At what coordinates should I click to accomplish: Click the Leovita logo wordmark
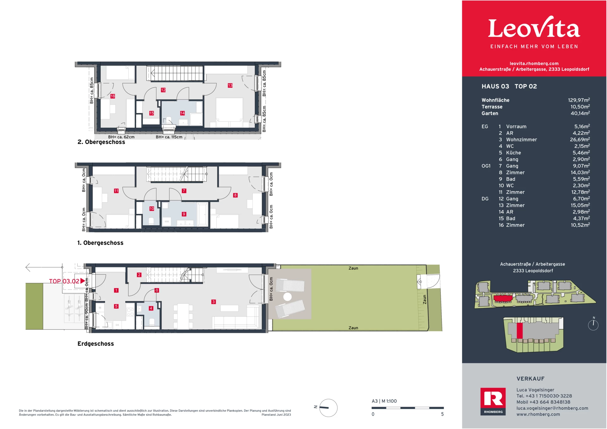(534, 28)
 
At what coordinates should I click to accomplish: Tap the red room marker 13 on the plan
(230, 85)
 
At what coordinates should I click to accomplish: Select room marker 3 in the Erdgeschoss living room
(213, 302)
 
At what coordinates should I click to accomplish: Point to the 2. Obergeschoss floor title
(101, 142)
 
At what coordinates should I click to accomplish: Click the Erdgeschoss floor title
(95, 344)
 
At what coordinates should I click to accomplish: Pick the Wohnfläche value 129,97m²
(579, 100)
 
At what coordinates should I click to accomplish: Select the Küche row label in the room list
(513, 153)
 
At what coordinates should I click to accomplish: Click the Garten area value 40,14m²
(580, 113)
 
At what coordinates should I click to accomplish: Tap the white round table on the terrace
(287, 297)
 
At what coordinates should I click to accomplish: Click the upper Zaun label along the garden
(353, 268)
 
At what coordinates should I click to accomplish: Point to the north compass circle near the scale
(328, 408)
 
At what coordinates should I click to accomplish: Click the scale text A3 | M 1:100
(384, 401)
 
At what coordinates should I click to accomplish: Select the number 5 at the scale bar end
(442, 414)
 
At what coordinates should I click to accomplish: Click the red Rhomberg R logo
(493, 399)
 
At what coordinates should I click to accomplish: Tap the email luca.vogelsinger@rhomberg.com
(552, 408)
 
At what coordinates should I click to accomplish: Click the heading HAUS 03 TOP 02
(509, 86)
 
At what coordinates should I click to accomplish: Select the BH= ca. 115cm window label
(169, 137)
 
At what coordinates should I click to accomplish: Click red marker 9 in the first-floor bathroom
(184, 214)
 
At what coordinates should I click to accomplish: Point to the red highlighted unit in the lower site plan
(520, 330)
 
